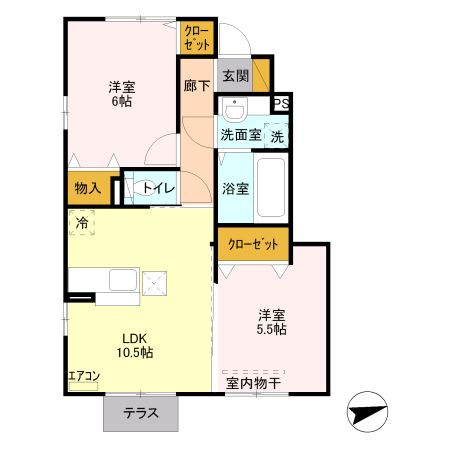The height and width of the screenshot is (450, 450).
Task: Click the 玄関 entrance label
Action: (x=235, y=76)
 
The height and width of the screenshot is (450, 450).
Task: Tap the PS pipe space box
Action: (x=281, y=103)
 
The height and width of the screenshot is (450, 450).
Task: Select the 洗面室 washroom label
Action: (x=240, y=135)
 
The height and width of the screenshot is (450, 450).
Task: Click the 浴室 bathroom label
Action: (x=235, y=187)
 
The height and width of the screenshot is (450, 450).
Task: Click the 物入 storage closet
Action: (x=88, y=188)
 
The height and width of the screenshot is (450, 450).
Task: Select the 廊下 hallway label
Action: (x=197, y=87)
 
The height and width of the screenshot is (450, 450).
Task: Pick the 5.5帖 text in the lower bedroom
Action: (x=272, y=328)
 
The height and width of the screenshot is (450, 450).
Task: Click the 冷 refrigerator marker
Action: (x=81, y=223)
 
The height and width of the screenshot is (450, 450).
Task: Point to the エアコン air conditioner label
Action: (x=84, y=378)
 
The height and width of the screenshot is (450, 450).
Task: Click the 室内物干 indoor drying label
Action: (x=254, y=381)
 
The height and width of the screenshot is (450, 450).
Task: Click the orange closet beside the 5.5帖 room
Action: (x=254, y=243)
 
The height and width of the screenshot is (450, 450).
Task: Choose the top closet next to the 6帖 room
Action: (x=195, y=38)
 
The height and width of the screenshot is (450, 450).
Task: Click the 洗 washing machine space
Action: (x=277, y=135)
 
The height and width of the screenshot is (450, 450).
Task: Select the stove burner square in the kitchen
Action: (x=156, y=284)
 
